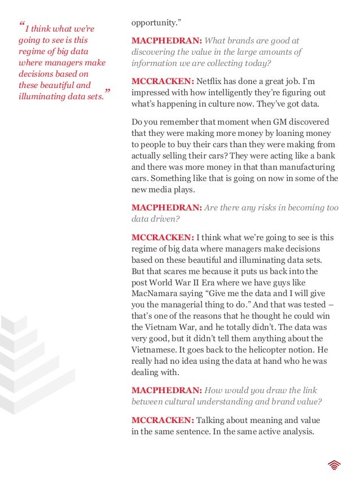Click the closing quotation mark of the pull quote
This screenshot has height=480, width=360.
(x=107, y=92)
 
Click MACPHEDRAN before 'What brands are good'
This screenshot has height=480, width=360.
(x=166, y=41)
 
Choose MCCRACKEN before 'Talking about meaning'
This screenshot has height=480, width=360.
(x=163, y=420)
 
